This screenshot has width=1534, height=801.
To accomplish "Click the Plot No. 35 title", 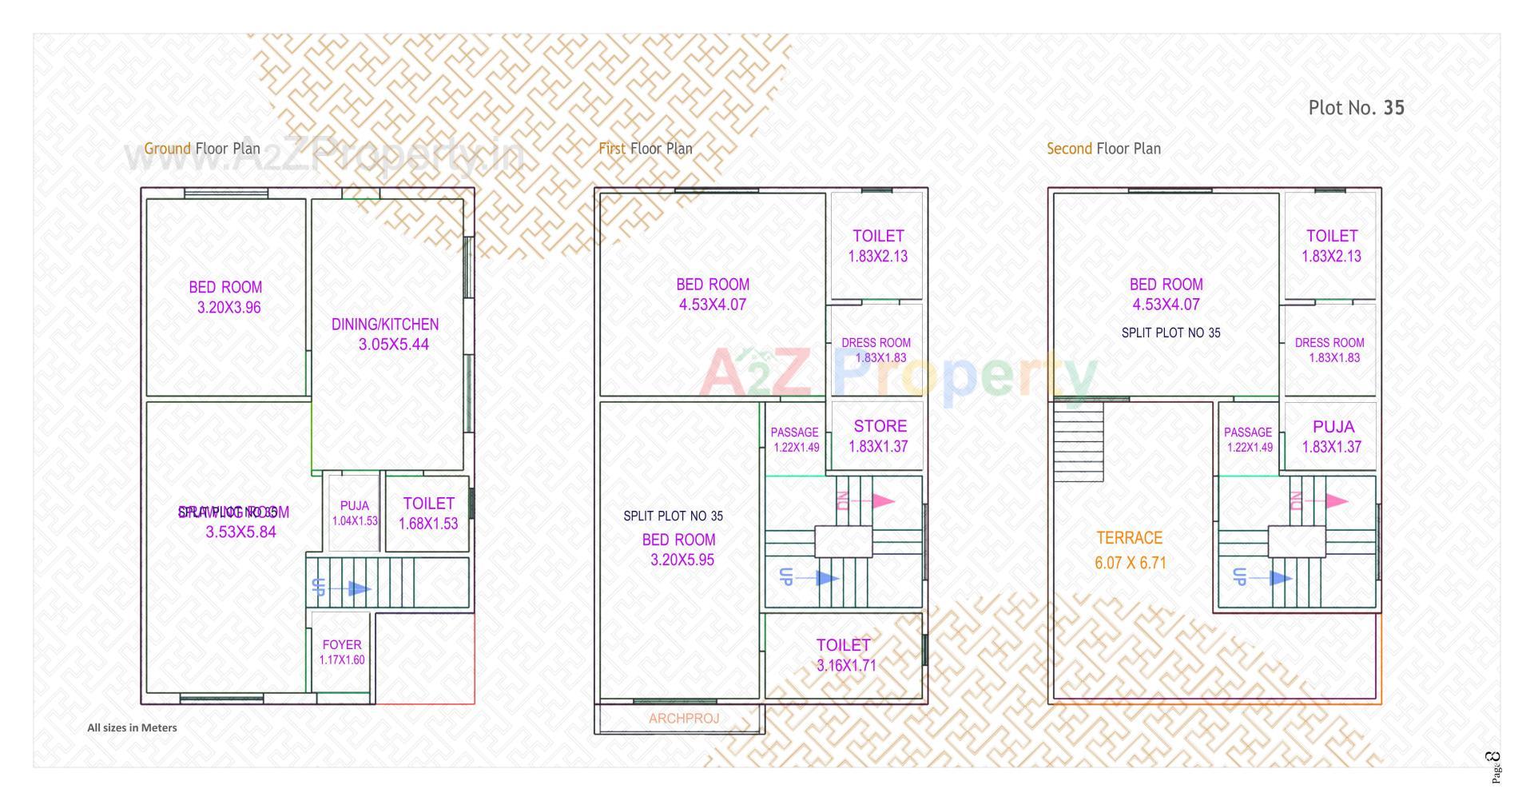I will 1356,108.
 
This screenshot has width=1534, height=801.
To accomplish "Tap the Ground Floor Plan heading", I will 202,149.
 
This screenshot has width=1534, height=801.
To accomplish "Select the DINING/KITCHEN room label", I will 385,325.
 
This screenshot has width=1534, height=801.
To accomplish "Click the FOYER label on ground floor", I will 342,644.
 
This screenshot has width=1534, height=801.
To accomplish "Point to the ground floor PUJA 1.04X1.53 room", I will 355,512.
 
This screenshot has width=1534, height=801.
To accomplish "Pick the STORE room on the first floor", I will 880,427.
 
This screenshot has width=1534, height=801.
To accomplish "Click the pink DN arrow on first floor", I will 881,501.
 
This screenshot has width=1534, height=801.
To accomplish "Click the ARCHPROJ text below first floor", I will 684,719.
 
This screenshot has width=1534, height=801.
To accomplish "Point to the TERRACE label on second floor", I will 1129,538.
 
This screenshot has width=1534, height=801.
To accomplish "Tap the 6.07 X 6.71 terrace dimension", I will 1130,563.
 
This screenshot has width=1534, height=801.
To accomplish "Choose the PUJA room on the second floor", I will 1333,427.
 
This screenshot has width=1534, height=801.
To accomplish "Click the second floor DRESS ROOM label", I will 1329,343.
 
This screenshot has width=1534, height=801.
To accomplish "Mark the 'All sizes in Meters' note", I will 132,728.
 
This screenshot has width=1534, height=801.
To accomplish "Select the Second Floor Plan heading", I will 1103,149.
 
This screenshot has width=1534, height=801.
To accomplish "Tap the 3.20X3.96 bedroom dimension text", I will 229,308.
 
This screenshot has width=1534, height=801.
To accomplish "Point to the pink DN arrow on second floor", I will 1335,501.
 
